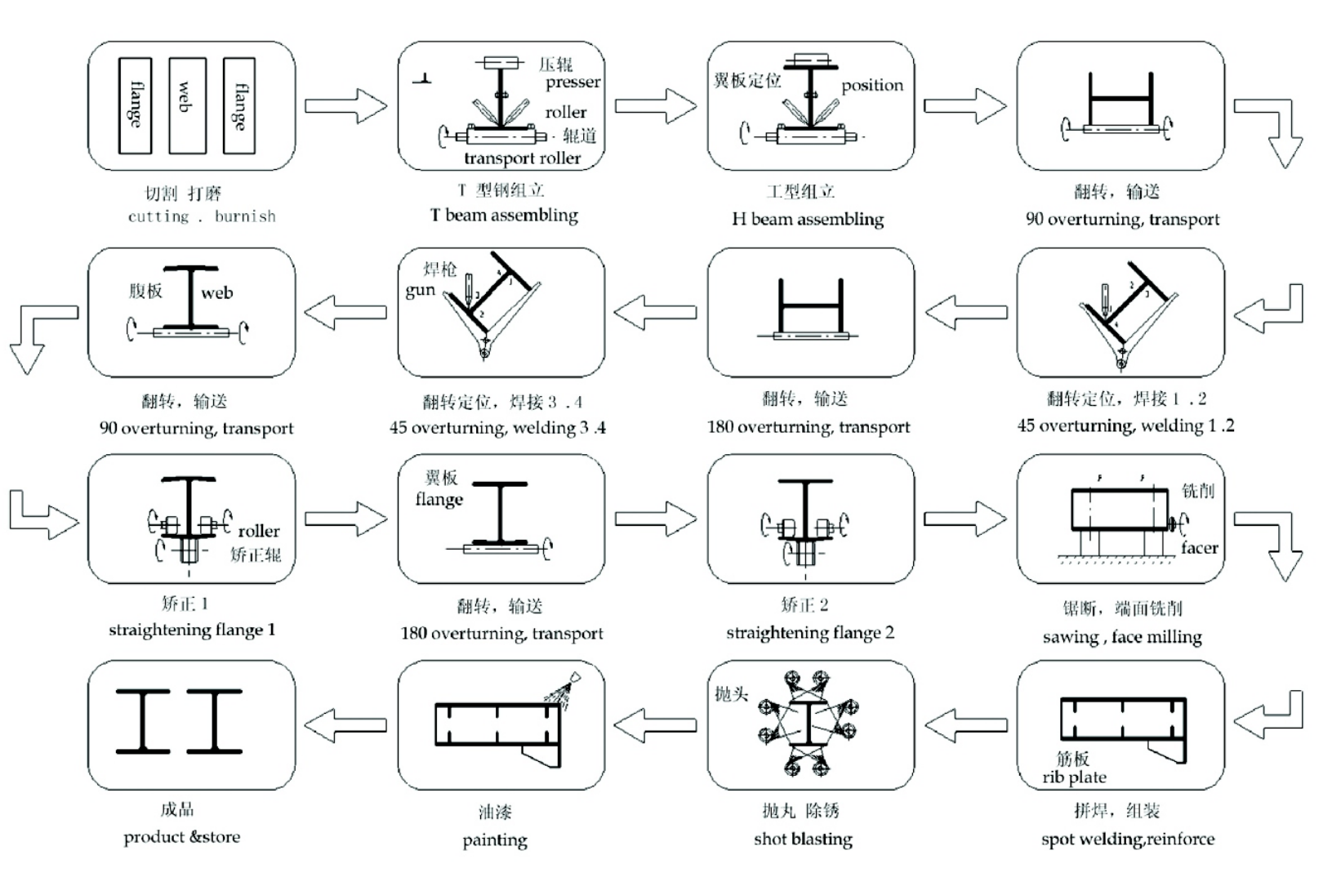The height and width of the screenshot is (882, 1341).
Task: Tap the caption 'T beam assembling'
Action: (x=504, y=216)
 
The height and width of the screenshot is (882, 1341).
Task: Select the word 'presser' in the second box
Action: (x=572, y=82)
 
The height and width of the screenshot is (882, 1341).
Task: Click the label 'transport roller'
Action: (x=522, y=158)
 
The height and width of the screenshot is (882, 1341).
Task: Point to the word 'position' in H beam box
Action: (x=872, y=85)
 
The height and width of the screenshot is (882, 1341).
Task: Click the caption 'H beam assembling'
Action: (x=808, y=219)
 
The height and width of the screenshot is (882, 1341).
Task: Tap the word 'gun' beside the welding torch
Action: (x=420, y=290)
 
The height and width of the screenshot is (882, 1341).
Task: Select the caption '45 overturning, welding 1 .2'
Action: (x=1125, y=425)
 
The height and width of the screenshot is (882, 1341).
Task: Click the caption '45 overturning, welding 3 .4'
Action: (x=497, y=428)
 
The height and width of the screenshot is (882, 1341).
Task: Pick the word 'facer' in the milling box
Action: (x=1199, y=548)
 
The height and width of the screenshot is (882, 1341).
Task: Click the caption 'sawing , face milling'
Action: (x=1122, y=637)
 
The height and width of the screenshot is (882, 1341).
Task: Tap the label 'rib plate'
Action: (x=1074, y=777)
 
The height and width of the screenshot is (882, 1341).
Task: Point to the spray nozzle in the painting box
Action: (x=575, y=678)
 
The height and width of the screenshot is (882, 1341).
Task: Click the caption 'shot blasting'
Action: (x=803, y=840)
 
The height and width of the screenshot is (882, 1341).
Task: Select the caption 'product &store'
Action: (x=182, y=837)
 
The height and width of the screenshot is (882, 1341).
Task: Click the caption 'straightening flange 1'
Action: (x=192, y=630)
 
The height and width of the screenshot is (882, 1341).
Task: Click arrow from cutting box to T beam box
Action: (x=345, y=106)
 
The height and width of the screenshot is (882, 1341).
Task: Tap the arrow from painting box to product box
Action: (x=345, y=724)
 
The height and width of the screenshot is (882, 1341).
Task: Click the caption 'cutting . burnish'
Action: (x=202, y=216)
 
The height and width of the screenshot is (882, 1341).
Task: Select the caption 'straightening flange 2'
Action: (x=810, y=633)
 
